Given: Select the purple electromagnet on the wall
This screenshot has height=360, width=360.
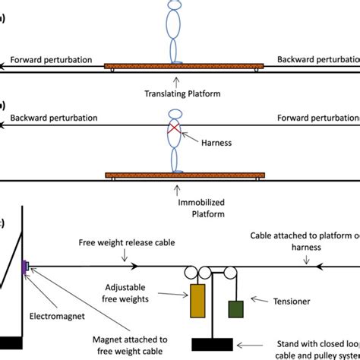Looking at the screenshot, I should pyautogui.click(x=26, y=265).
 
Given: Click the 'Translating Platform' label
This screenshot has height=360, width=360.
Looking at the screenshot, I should pyautogui.click(x=180, y=94).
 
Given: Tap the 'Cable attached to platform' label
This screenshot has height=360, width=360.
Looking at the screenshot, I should pyautogui.click(x=304, y=242).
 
